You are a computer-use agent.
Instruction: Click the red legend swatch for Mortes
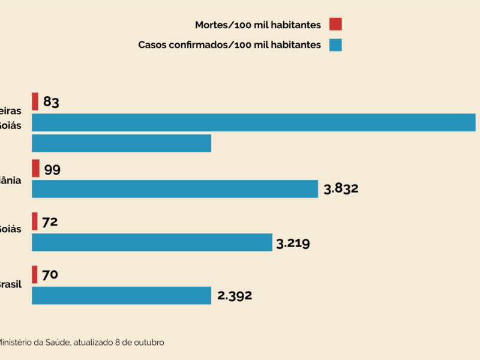point(335,25)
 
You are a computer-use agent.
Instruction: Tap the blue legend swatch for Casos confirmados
point(335,45)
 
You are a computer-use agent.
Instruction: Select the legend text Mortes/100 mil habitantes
point(258,25)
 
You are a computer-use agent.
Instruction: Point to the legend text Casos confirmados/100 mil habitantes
point(230,45)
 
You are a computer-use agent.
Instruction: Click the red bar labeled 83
point(35,101)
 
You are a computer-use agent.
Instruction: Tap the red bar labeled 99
point(35,169)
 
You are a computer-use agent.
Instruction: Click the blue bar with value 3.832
point(175,189)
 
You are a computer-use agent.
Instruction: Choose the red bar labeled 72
point(34,221)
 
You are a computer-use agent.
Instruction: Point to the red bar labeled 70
point(34,275)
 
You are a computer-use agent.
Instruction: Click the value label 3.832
point(341,189)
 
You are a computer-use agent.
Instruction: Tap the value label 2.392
point(235,295)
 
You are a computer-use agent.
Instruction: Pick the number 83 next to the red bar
point(51,102)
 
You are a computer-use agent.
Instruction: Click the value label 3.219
point(293,243)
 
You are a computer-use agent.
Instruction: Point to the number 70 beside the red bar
point(50,275)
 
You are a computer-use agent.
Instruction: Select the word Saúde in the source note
point(58,342)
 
